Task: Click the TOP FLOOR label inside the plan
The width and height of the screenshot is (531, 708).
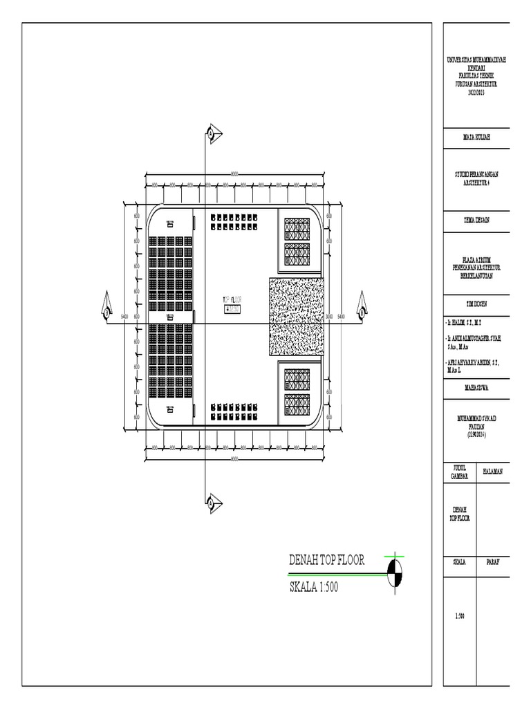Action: click(x=233, y=300)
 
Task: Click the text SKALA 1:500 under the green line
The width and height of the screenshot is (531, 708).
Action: click(x=314, y=588)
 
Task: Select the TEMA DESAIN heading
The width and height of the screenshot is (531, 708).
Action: click(x=477, y=219)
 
